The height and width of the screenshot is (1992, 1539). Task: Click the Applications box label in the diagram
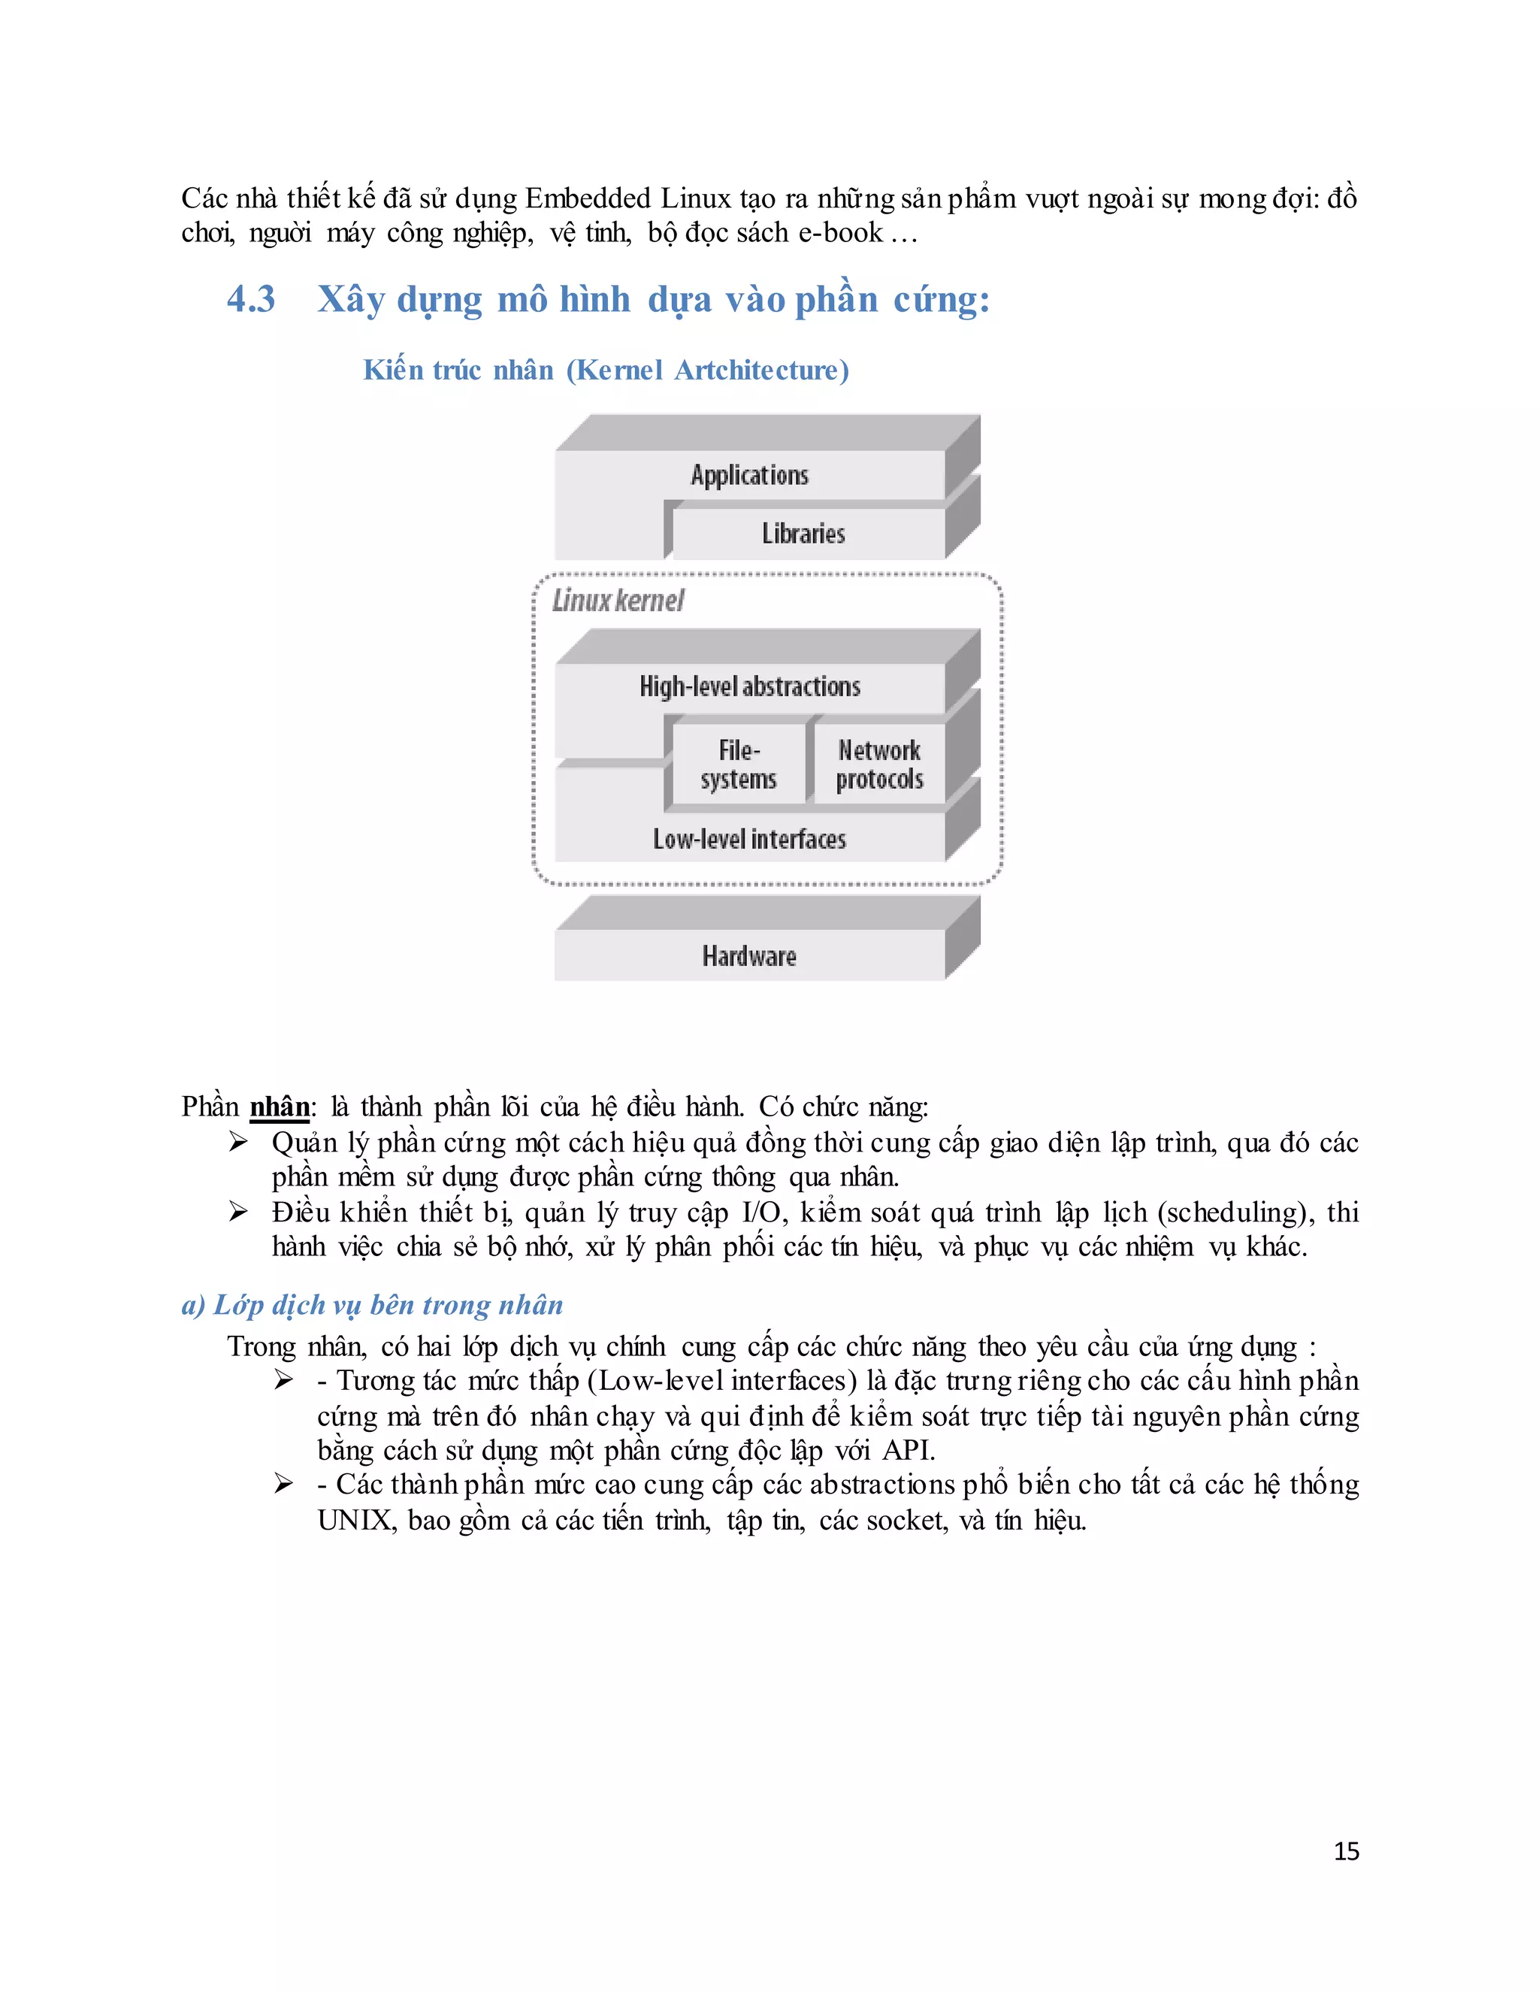[749, 475]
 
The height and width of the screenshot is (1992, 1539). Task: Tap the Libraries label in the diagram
[803, 534]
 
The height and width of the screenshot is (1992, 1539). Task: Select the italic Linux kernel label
[618, 600]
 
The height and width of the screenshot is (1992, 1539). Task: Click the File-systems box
[739, 764]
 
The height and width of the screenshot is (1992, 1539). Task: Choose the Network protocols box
[879, 764]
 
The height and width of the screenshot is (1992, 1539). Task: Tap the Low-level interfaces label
[749, 839]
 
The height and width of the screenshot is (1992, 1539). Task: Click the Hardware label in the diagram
[749, 956]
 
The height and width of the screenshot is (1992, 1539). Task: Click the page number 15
[1346, 1851]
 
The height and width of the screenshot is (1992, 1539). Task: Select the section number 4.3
[251, 299]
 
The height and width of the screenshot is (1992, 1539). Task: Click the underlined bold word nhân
[280, 1106]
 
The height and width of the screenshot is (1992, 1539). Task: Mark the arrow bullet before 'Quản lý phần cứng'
[238, 1142]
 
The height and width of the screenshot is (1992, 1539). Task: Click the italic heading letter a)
[193, 1305]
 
